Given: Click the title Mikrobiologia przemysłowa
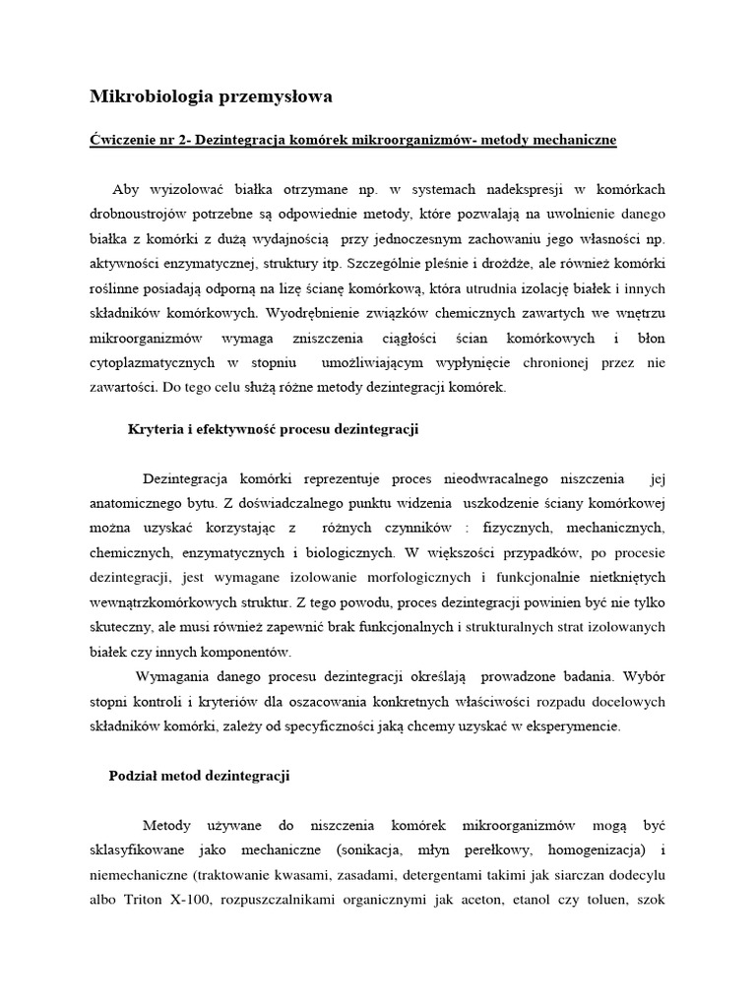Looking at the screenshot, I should click(x=212, y=96).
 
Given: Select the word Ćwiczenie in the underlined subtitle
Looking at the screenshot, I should click(x=123, y=140).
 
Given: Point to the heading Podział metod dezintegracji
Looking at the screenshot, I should click(x=198, y=776).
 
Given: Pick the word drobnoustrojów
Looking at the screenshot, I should click(x=141, y=215).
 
